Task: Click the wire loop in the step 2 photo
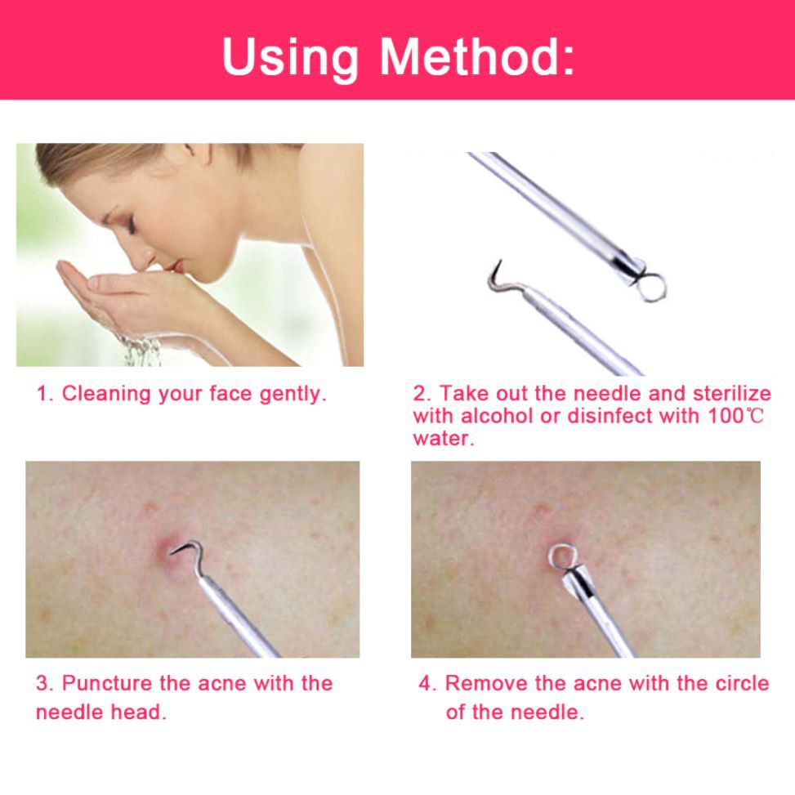point(651,287)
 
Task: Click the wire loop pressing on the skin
point(562,557)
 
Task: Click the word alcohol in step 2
point(498,416)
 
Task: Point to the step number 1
point(43,394)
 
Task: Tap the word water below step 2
point(442,439)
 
